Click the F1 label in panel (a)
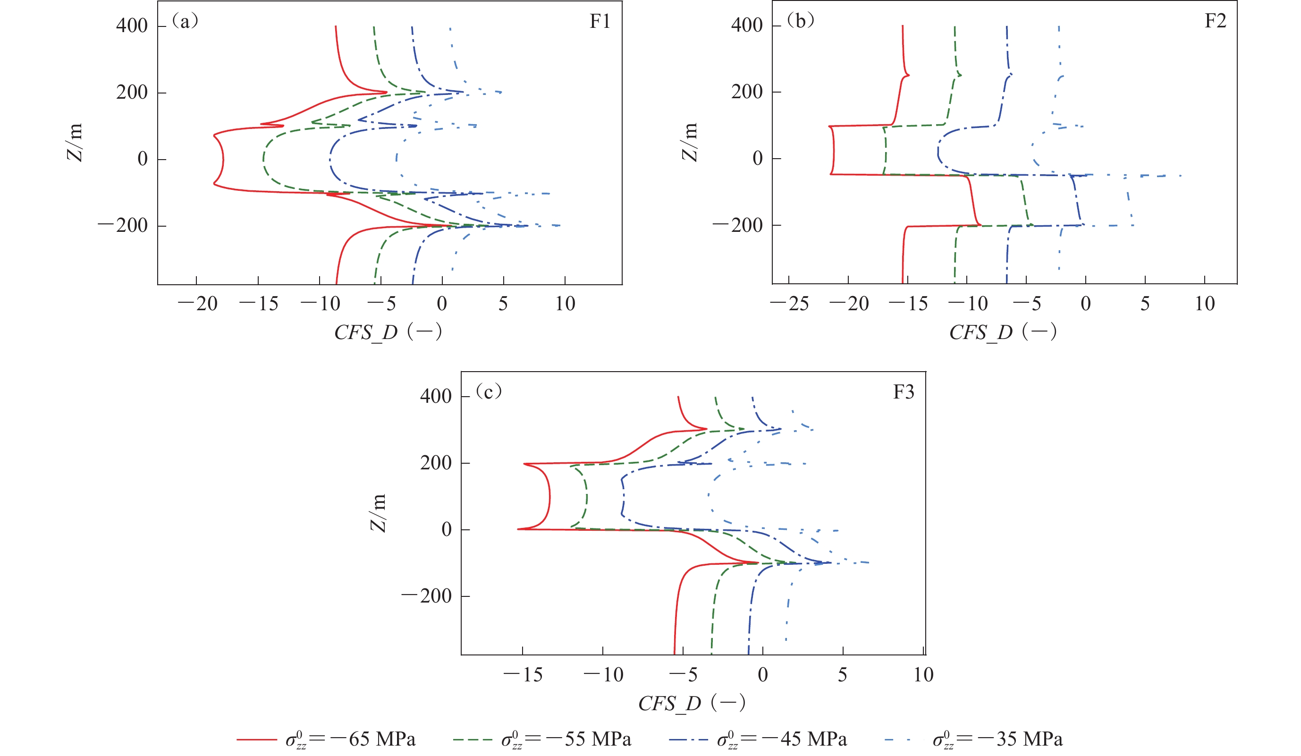[600, 21]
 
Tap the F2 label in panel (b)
[1215, 21]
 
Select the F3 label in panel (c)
[903, 392]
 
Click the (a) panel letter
[185, 21]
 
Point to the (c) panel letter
[489, 391]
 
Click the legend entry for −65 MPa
[326, 739]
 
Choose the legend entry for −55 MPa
[542, 739]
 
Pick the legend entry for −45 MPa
[758, 739]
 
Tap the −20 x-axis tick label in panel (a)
[198, 304]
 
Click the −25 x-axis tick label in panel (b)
[789, 304]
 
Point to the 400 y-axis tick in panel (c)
[436, 396]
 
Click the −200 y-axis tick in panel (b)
[738, 225]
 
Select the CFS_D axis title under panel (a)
[388, 332]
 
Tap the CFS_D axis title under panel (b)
[1003, 332]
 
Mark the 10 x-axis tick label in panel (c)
[923, 674]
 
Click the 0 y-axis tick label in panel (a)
[143, 159]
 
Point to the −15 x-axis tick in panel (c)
[523, 674]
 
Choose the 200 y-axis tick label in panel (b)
[746, 92]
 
